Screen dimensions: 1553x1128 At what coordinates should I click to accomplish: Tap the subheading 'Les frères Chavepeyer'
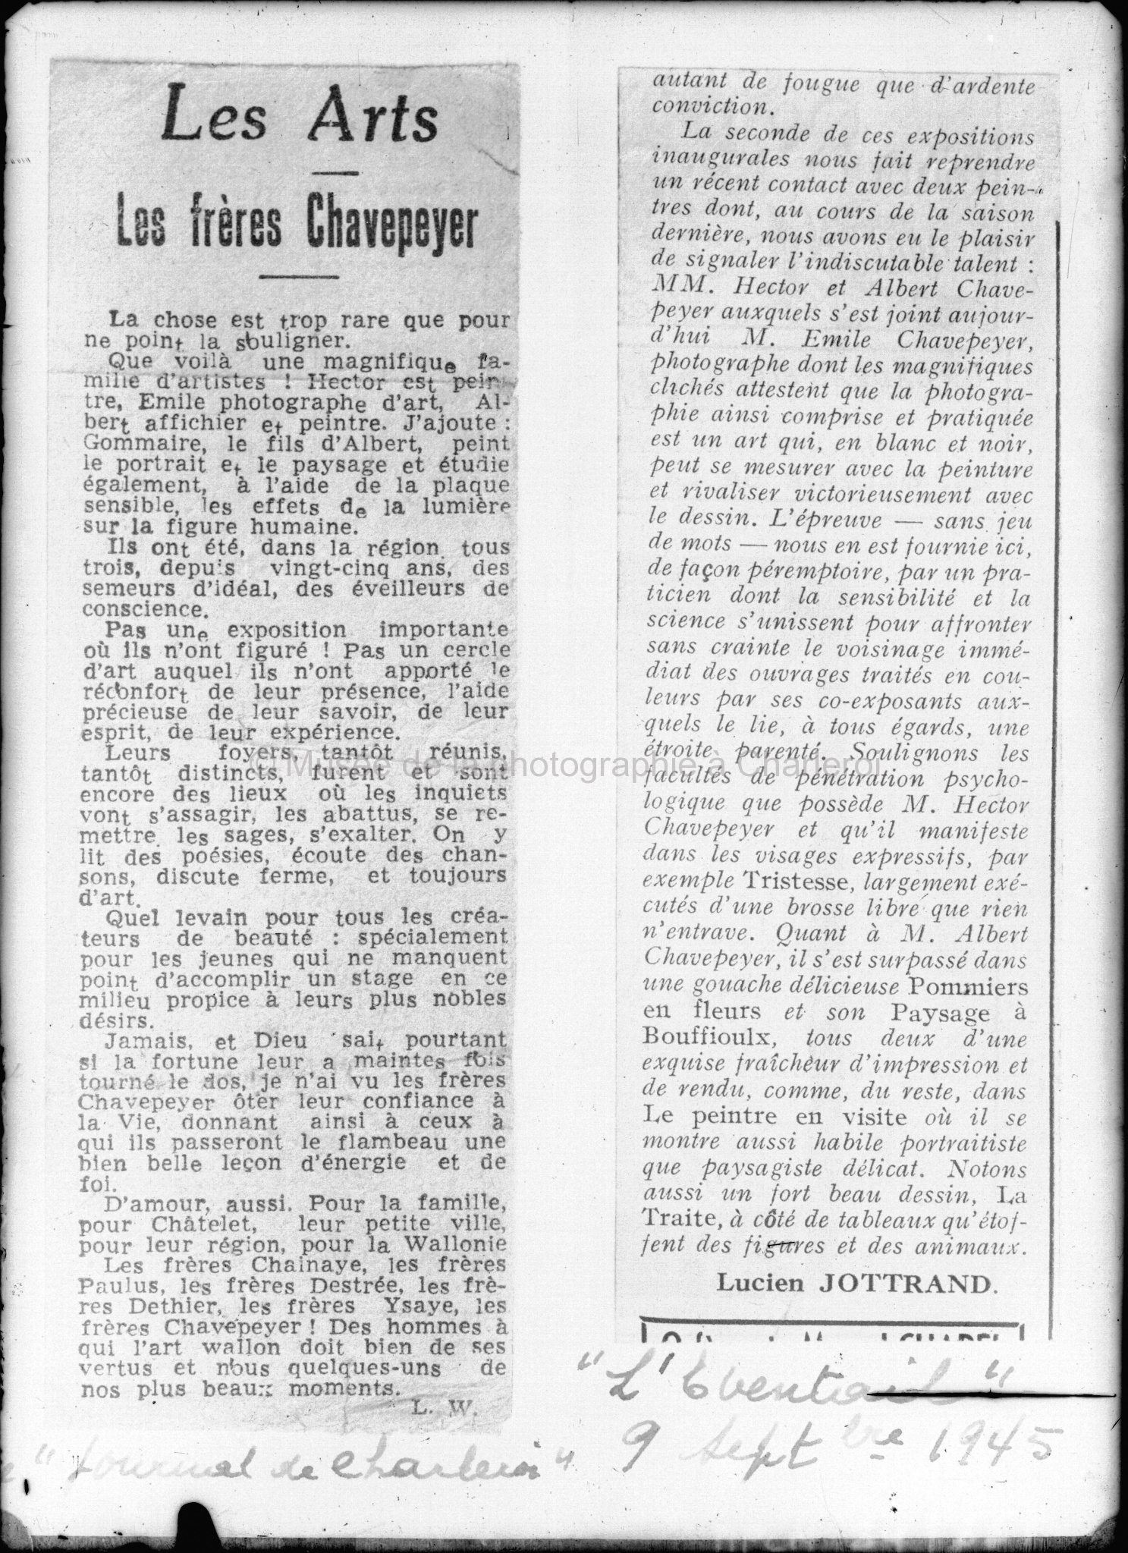[x=297, y=223]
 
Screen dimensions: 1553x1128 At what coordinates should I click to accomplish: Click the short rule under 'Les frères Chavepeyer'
[x=298, y=277]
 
